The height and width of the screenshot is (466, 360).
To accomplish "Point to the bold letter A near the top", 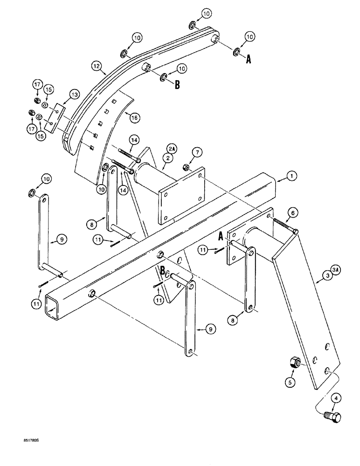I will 249,59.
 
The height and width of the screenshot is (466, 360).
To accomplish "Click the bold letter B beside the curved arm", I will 177,85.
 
